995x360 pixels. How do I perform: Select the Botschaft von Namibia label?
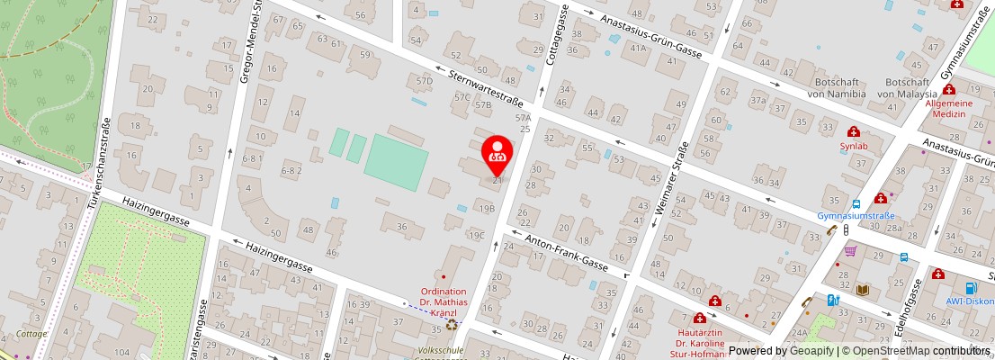836,86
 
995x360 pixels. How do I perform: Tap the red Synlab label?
853,145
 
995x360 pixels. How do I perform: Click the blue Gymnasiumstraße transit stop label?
855,216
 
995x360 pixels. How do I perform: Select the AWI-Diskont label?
970,301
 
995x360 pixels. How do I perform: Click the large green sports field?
396,162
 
